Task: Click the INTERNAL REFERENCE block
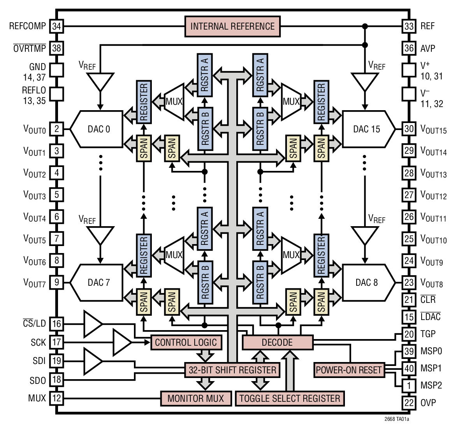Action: click(232, 26)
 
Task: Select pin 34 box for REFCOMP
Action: click(57, 26)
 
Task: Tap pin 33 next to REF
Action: click(409, 26)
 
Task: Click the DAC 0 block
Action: click(97, 129)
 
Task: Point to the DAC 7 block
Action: click(97, 283)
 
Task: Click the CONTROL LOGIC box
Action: click(186, 343)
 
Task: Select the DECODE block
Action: click(277, 343)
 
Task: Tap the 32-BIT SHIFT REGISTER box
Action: click(232, 370)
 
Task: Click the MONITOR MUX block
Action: click(195, 399)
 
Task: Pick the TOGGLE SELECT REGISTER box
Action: click(290, 399)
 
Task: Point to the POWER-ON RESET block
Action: click(349, 370)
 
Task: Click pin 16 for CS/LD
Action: click(57, 324)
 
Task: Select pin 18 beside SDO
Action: click(57, 380)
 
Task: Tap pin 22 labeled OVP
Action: click(409, 403)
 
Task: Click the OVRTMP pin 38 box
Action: click(57, 48)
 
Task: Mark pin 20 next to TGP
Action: click(409, 334)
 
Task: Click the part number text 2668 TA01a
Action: click(396, 419)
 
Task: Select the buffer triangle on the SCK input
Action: click(121, 343)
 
